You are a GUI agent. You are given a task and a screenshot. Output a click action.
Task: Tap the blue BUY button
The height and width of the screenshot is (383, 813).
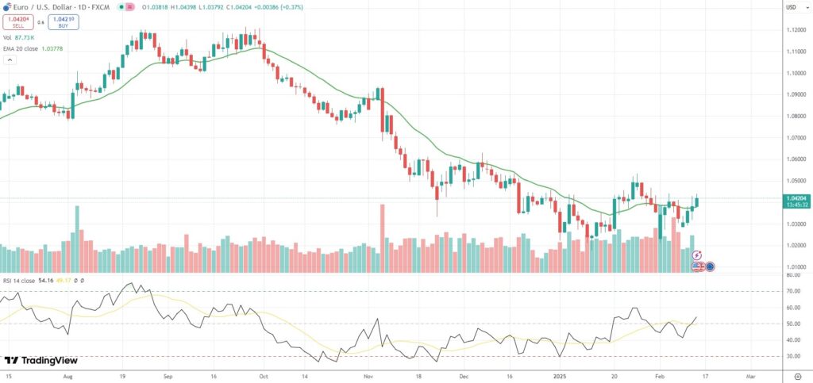[63, 22]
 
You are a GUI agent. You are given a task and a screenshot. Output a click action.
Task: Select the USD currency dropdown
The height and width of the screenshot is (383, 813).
[792, 7]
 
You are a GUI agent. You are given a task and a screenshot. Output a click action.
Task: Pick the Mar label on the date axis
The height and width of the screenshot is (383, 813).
[752, 377]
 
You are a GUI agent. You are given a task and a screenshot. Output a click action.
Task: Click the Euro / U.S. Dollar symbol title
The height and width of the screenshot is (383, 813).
[48, 6]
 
